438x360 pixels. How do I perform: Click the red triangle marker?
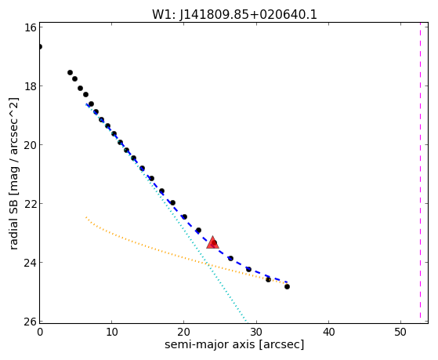point(212,243)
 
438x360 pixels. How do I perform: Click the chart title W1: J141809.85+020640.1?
point(234,15)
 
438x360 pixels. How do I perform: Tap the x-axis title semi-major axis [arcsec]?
point(234,344)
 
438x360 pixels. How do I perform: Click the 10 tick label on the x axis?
point(112,332)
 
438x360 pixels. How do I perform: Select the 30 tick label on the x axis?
point(256,332)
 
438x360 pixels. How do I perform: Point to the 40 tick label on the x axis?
point(328,332)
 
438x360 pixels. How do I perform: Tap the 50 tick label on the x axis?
point(400,332)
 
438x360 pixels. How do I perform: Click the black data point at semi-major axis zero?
point(40,46)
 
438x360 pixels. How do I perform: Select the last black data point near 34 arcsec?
point(287,286)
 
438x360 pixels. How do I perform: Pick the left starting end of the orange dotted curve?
point(86,217)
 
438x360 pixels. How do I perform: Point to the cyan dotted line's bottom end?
point(247,322)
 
